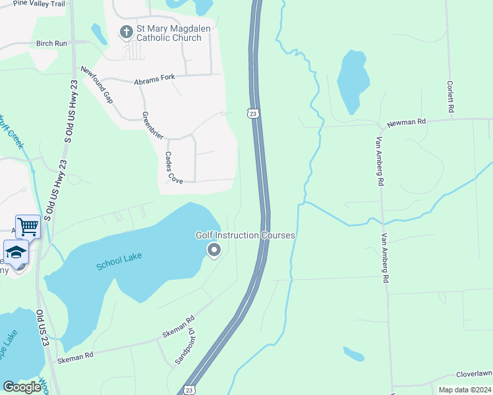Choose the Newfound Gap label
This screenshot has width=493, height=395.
click(x=97, y=85)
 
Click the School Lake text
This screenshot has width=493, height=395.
click(x=119, y=262)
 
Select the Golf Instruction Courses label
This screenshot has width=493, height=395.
click(x=245, y=235)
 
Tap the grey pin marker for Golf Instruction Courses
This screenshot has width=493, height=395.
click(x=214, y=250)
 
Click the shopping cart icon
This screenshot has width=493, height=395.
click(x=28, y=227)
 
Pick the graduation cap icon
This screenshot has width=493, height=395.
click(x=16, y=252)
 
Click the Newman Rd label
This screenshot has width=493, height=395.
click(x=407, y=122)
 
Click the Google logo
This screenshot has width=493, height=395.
click(x=22, y=387)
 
